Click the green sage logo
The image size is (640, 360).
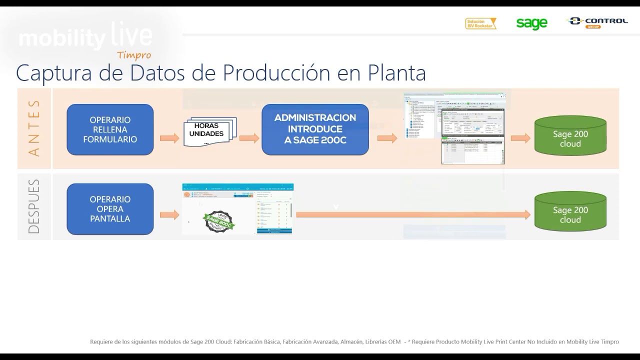click(x=531, y=23)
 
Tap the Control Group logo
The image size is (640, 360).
click(x=597, y=22)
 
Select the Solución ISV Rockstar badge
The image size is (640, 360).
click(x=480, y=23)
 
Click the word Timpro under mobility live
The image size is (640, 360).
click(x=134, y=55)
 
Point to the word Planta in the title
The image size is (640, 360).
click(x=397, y=73)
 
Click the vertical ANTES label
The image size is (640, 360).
click(x=34, y=128)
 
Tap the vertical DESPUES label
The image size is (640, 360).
click(x=34, y=206)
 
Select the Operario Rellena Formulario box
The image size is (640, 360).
click(x=110, y=129)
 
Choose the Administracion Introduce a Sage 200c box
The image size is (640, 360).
click(x=315, y=129)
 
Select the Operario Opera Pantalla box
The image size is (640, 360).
click(x=110, y=209)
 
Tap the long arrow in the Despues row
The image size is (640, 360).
click(x=412, y=215)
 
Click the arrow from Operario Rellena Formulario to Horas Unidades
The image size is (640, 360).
click(x=169, y=138)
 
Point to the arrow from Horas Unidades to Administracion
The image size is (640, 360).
click(x=249, y=138)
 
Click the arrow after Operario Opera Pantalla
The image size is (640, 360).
click(x=169, y=215)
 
